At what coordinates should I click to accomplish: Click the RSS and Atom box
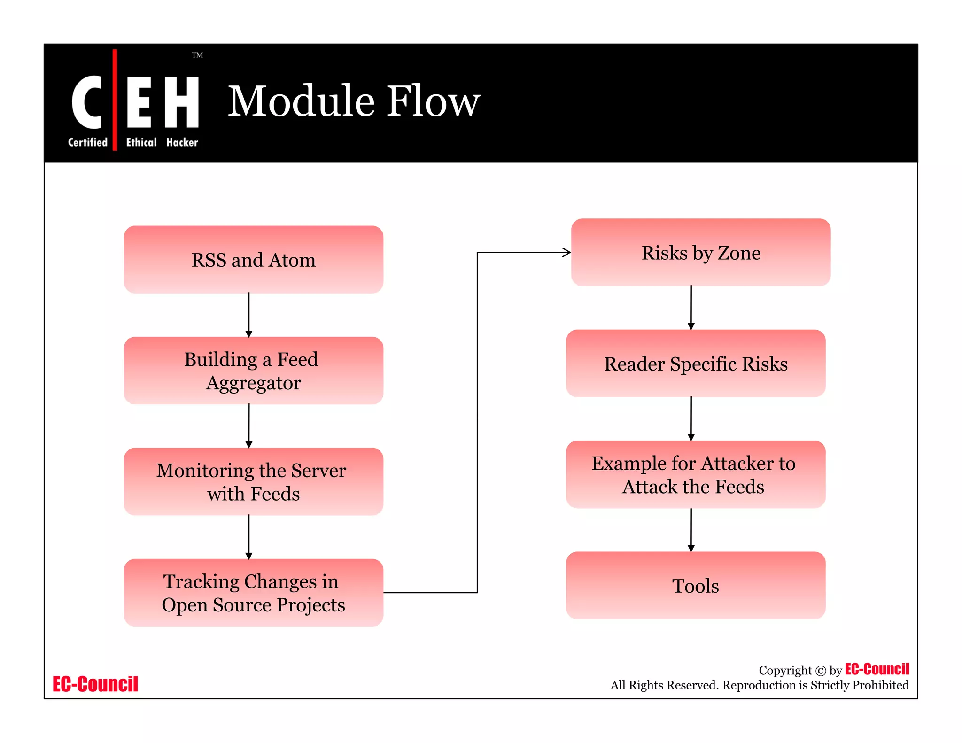click(253, 260)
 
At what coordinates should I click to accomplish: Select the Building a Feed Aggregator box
click(253, 371)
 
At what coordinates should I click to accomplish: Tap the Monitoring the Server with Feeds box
click(253, 481)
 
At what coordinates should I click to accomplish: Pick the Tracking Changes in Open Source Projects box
click(253, 592)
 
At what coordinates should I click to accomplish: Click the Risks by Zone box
click(700, 253)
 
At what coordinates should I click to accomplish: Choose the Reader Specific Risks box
click(696, 364)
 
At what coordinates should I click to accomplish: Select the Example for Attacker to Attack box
click(696, 474)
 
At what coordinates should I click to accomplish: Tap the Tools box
click(696, 586)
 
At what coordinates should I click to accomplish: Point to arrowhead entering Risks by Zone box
click(566, 253)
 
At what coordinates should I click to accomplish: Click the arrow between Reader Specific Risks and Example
click(691, 418)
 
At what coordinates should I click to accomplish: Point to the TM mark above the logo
click(197, 55)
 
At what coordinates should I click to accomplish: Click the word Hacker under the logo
click(182, 142)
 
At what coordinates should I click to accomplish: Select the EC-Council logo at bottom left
click(95, 684)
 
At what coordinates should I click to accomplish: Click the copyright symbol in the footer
click(820, 671)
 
